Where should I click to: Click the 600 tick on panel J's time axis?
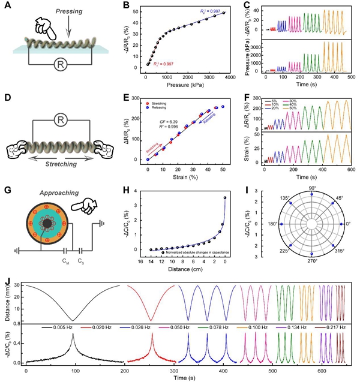pyautogui.click(x=323, y=370)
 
